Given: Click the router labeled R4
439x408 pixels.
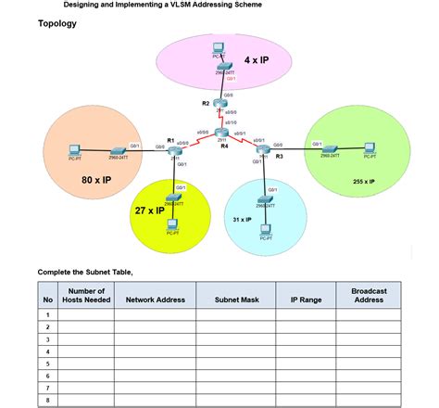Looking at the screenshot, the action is [222, 134].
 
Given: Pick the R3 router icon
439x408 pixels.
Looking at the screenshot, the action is [263, 150].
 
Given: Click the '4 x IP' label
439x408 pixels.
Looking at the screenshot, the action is [257, 59].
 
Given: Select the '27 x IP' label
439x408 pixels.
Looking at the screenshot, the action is [149, 210].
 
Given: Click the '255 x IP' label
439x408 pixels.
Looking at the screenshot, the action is [364, 182].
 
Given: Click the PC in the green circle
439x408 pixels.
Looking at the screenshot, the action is [370, 148].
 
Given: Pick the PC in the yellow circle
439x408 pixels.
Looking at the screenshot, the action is [172, 223].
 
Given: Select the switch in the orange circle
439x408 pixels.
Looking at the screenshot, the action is [118, 150].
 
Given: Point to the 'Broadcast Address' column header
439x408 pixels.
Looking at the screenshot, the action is [369, 295].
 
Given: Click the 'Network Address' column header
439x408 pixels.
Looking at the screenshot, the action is [156, 300].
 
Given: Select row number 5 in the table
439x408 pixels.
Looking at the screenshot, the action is [47, 364].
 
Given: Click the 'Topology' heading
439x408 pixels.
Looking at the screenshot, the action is [57, 23].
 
